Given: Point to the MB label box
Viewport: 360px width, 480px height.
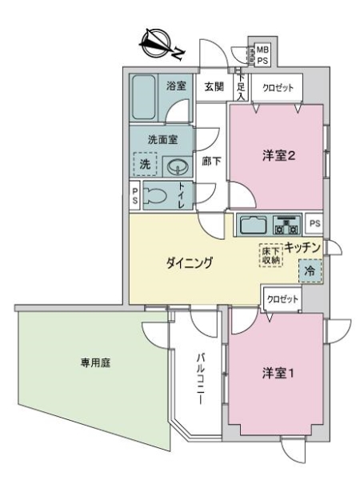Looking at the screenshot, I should click(x=262, y=50).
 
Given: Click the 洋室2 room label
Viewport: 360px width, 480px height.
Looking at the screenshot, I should click(x=280, y=155).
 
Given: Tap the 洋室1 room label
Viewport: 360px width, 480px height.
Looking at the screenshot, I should click(x=280, y=373).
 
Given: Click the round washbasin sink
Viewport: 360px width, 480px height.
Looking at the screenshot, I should click(x=179, y=166).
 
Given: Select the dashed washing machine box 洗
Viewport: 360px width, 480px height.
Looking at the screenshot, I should click(x=145, y=164).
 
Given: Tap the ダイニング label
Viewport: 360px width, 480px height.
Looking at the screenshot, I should click(x=188, y=264).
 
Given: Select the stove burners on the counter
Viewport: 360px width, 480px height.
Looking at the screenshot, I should click(x=286, y=223).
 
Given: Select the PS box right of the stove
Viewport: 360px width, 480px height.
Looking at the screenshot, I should click(x=314, y=223).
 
